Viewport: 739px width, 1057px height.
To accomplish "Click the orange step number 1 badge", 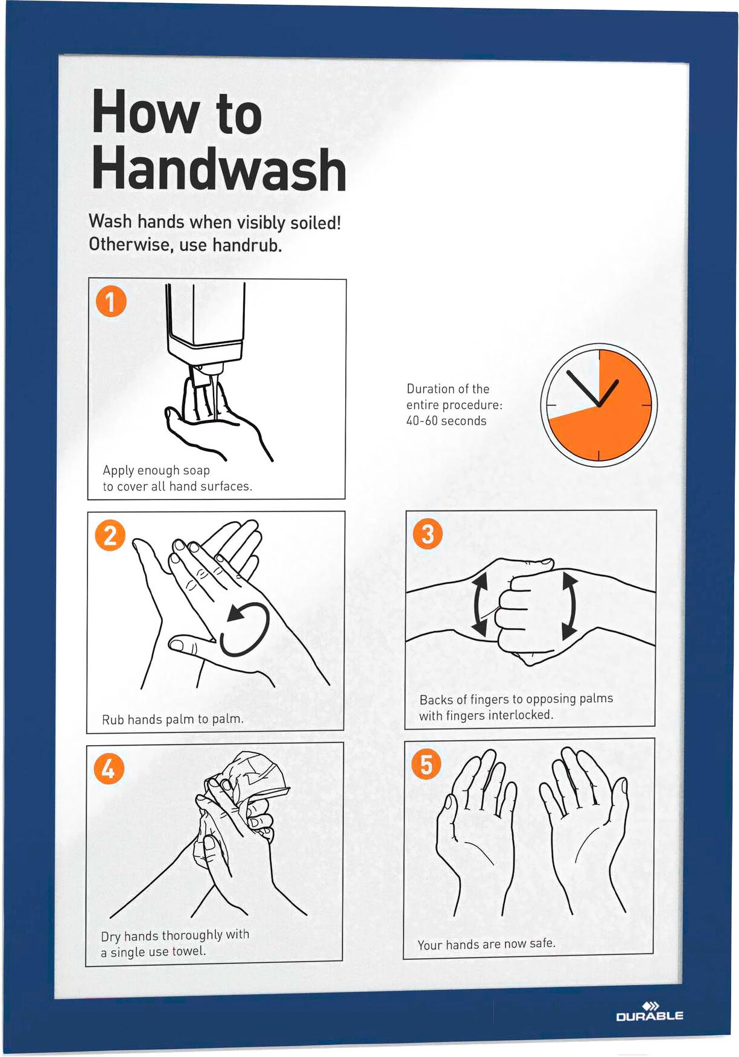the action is [111, 301].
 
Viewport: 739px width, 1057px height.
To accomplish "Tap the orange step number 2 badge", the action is [110, 535].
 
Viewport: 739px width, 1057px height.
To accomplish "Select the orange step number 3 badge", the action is [427, 534].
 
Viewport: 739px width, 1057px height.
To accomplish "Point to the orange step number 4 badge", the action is [109, 769].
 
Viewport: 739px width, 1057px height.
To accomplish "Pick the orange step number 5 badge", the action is [426, 764].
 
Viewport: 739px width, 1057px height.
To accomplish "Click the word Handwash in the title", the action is [219, 169].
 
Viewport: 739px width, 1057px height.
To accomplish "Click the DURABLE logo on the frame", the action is [650, 1011].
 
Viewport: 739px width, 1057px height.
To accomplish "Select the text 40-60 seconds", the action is [446, 421].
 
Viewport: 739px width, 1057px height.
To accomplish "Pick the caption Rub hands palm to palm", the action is [173, 719].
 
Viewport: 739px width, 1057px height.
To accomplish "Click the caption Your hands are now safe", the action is [486, 944].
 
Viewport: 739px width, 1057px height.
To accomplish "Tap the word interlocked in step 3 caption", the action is [520, 715].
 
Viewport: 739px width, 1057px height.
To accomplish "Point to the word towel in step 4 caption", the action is [189, 951].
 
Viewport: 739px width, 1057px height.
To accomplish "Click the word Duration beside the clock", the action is [431, 389].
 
